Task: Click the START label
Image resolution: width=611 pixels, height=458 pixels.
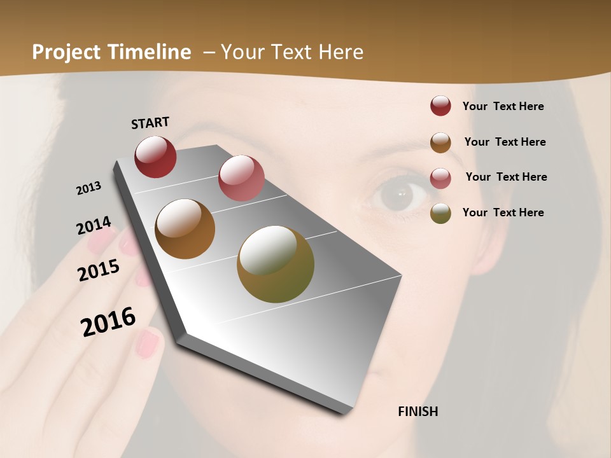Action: tap(150, 123)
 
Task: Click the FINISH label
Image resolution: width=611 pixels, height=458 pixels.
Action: tap(418, 412)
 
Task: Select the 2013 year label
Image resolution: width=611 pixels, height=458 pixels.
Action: tap(88, 188)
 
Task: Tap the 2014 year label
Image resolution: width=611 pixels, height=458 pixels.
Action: tap(94, 226)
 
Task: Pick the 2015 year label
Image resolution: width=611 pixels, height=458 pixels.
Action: tap(98, 270)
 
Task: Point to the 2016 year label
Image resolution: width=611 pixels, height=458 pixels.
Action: tap(108, 322)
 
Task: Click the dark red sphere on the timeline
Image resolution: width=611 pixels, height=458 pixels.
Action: tap(155, 156)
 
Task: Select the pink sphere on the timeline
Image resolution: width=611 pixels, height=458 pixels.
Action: tap(241, 178)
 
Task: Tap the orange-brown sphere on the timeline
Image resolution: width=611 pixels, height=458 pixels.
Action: tap(185, 229)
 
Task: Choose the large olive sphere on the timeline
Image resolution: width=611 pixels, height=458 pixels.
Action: tap(275, 264)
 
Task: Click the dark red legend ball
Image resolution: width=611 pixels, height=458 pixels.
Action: tap(440, 106)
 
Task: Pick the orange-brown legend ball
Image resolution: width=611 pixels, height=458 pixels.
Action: tap(440, 142)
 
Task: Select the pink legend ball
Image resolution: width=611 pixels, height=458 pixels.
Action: tap(440, 177)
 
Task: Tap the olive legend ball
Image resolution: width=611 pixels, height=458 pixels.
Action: tap(440, 213)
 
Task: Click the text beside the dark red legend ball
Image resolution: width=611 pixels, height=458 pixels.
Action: tap(503, 107)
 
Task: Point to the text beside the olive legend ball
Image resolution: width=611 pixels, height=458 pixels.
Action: tap(503, 212)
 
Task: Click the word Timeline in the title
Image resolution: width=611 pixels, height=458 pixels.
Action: tap(150, 52)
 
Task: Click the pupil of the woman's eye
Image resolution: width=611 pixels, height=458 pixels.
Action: tap(401, 192)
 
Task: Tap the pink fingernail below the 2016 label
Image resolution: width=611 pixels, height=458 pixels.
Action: tap(148, 343)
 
